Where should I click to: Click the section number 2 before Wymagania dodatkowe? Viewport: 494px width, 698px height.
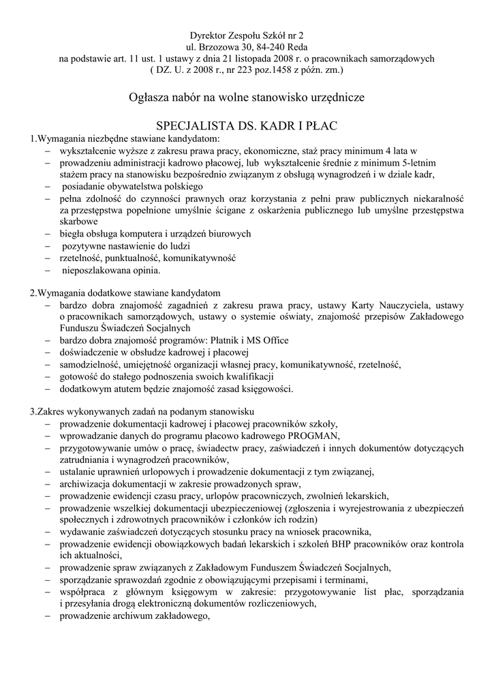click(32, 292)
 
